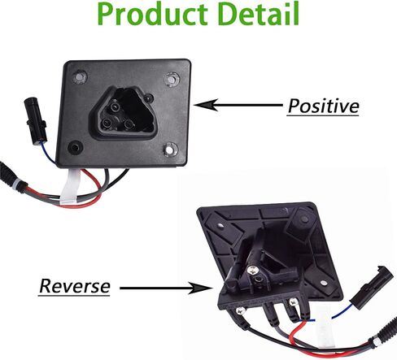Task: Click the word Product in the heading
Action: pos(153,14)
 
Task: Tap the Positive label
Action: pos(323,106)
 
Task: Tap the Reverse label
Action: pos(74,286)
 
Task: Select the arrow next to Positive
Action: pos(238,105)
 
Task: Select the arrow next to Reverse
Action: pos(165,288)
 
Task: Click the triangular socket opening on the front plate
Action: pos(124,112)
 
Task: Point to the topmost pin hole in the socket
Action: pos(115,106)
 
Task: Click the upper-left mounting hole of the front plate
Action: pos(80,76)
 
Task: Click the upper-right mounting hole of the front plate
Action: pos(172,79)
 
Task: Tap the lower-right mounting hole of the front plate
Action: pos(171,150)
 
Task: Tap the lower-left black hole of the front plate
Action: pos(74,147)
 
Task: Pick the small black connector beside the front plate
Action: pos(35,120)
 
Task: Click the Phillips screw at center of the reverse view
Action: pos(253,270)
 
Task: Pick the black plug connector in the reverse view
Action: pos(372,288)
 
